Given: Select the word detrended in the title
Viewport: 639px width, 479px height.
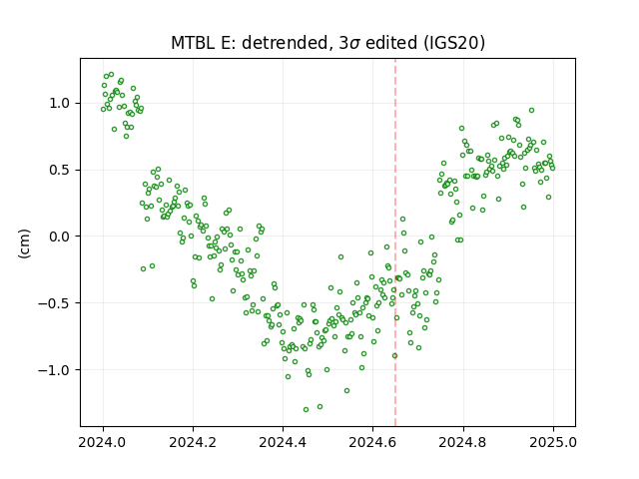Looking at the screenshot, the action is [x=285, y=43].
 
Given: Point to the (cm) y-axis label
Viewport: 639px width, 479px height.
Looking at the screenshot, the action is [x=24, y=243].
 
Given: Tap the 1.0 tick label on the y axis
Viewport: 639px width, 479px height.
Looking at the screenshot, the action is [x=60, y=103].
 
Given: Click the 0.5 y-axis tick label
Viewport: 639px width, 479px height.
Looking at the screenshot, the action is [x=60, y=170].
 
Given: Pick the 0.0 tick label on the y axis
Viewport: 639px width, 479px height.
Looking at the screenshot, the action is [x=60, y=237].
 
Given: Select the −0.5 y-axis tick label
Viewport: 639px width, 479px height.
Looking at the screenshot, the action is [x=54, y=303].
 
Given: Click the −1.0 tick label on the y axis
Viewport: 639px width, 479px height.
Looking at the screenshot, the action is [x=54, y=370].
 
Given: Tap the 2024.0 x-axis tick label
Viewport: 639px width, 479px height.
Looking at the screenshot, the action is [x=103, y=442].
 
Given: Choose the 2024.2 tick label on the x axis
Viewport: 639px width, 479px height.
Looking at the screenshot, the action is [x=193, y=442].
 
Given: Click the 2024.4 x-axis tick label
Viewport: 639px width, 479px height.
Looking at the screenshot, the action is [x=283, y=442].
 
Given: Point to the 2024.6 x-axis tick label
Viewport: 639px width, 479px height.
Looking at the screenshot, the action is [x=372, y=442].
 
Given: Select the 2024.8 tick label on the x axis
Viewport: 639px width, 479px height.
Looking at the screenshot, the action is [x=463, y=442].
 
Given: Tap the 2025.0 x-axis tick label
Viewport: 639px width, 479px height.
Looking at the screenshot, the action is [x=553, y=442].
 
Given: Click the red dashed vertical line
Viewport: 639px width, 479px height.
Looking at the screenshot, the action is [x=395, y=242].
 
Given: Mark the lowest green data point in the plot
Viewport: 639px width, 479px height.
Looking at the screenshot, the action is [x=307, y=409].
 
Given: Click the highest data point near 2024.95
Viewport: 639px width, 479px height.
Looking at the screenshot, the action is [x=531, y=111].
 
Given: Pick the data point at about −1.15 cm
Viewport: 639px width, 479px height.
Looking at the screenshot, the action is [x=346, y=390].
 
